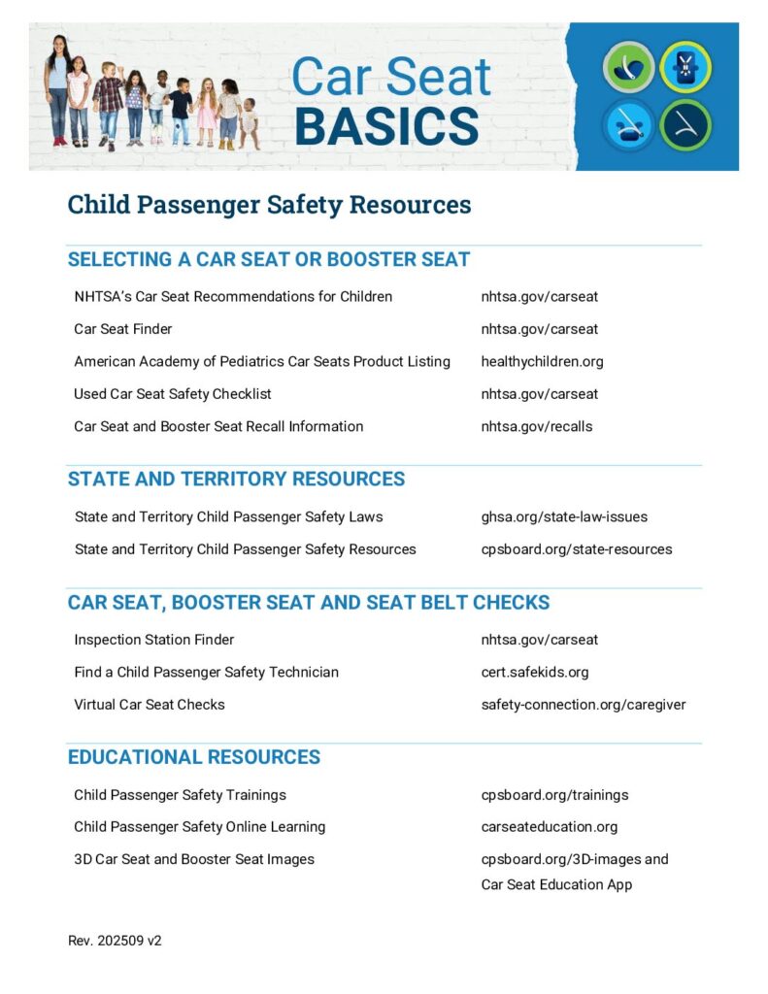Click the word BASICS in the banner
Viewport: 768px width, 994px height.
tap(385, 126)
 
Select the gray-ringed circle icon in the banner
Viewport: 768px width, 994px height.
tap(628, 67)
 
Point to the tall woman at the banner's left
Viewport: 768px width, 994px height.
tap(57, 89)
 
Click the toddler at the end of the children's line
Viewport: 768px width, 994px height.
tap(250, 121)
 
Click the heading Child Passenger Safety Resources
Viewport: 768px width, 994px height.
tap(269, 205)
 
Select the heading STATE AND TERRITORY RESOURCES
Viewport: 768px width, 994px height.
tap(236, 479)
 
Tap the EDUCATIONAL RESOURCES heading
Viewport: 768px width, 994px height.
tap(193, 757)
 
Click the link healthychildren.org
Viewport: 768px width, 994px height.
tap(542, 361)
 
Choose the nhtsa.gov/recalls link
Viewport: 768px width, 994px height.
tap(536, 426)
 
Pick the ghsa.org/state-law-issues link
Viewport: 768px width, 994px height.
tap(564, 516)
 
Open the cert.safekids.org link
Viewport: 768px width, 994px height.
tap(534, 672)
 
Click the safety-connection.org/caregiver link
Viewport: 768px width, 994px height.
tap(583, 705)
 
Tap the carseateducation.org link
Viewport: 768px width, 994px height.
tap(549, 827)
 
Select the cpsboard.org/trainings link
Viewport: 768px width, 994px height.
tap(554, 795)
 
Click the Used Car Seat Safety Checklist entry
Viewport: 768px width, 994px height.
tap(173, 394)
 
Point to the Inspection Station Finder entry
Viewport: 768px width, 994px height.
tap(153, 640)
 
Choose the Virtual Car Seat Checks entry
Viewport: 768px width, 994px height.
tap(149, 705)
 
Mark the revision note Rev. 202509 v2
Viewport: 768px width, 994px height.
tap(115, 941)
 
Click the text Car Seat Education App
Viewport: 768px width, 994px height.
tap(556, 884)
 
